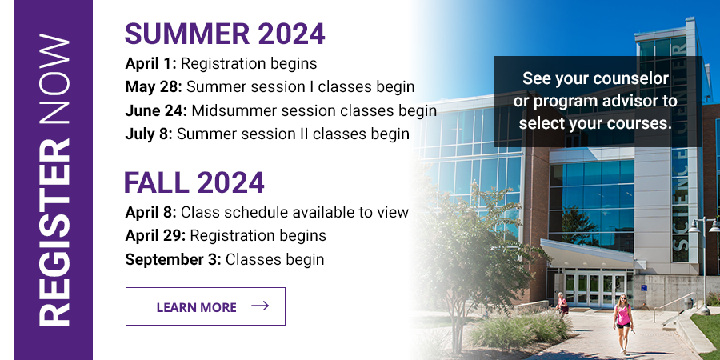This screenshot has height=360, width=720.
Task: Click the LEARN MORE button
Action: click(205, 306)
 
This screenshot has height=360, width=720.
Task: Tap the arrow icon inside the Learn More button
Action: click(259, 306)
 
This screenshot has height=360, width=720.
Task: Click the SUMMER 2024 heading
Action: click(225, 34)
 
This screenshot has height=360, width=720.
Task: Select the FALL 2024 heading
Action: click(194, 183)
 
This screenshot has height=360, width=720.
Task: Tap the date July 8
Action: click(148, 134)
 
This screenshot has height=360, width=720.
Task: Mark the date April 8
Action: click(150, 213)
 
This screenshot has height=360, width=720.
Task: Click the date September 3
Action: click(172, 259)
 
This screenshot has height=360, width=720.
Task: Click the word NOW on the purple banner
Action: click(54, 83)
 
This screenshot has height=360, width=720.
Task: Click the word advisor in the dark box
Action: click(646, 102)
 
